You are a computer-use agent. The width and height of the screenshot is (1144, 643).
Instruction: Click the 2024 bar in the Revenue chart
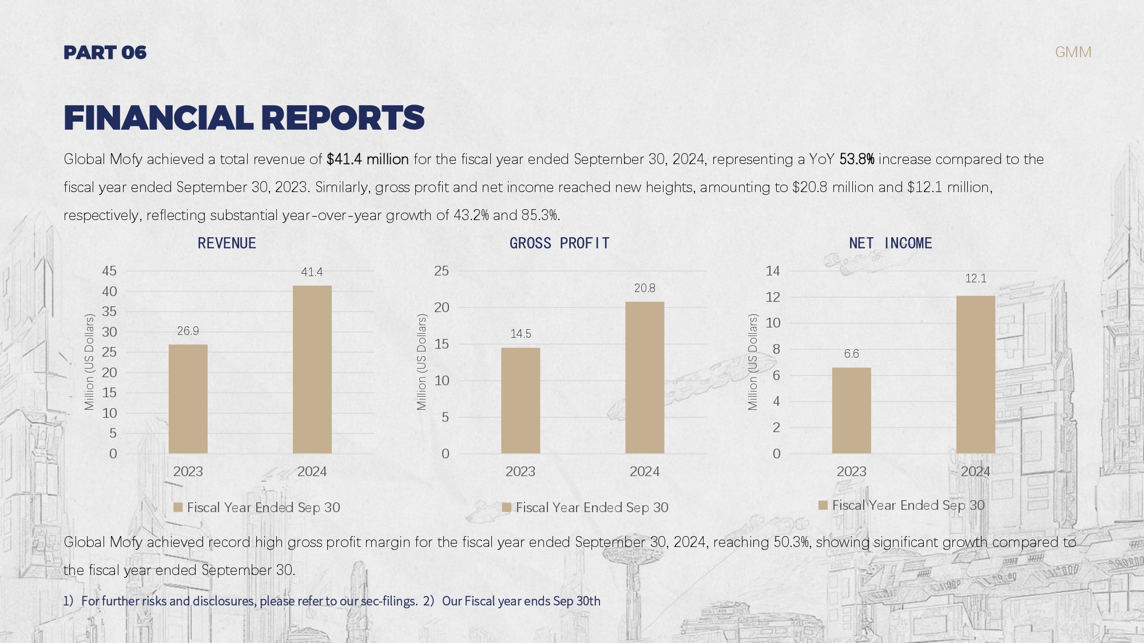[x=312, y=369]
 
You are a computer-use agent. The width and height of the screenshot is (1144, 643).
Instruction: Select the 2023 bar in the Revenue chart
[x=188, y=398]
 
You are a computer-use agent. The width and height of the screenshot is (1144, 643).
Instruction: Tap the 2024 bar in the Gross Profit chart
[x=645, y=377]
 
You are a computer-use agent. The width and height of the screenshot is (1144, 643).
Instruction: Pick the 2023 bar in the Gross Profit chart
[x=521, y=400]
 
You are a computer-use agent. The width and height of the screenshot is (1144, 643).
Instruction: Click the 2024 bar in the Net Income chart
[x=975, y=374]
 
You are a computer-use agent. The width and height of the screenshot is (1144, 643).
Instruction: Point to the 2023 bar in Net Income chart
[x=851, y=410]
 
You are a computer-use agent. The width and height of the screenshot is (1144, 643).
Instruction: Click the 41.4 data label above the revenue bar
[x=312, y=272]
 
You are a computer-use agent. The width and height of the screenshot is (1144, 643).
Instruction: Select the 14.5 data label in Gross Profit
[x=521, y=334]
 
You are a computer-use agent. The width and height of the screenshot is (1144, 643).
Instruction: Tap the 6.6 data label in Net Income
[x=851, y=354]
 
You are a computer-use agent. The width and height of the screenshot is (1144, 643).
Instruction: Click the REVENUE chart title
[x=227, y=243]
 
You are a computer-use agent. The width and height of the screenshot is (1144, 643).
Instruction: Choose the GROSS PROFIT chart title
[x=559, y=243]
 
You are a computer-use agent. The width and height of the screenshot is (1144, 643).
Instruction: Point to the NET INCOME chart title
[x=891, y=243]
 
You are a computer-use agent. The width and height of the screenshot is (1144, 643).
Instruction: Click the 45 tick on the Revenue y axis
[x=109, y=271]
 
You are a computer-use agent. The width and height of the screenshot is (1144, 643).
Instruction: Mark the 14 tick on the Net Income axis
[x=773, y=271]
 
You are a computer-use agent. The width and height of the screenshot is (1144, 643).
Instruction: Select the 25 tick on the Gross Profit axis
[x=441, y=271]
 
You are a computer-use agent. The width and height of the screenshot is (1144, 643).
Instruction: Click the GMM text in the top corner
[x=1073, y=52]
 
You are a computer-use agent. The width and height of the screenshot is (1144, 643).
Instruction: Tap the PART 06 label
[x=105, y=53]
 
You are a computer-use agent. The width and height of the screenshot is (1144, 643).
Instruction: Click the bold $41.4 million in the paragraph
[x=367, y=159]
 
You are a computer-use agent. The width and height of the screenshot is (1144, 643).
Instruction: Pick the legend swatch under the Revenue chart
[x=178, y=508]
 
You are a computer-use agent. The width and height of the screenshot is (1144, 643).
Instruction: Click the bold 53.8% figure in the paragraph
[x=856, y=159]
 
